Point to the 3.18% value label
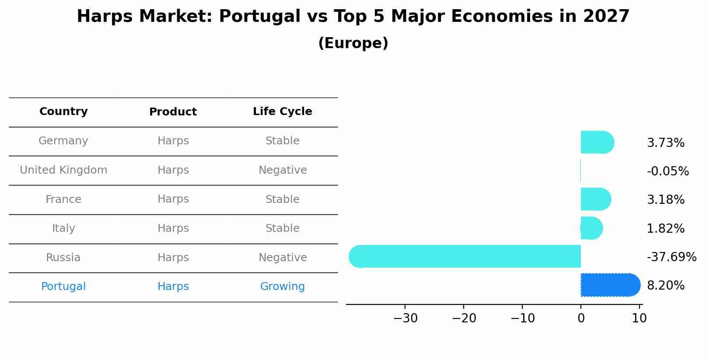(665, 200)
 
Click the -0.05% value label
(668, 171)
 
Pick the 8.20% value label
(665, 286)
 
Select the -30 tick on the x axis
(405, 318)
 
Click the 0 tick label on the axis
(581, 318)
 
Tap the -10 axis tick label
(522, 318)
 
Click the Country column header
(63, 112)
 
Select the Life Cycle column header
(282, 112)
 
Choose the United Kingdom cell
(63, 170)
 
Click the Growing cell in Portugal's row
(282, 287)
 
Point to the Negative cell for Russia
(282, 258)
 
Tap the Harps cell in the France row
(173, 199)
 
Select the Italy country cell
(63, 228)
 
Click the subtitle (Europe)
(353, 43)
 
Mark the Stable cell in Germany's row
(282, 141)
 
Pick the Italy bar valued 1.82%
(591, 228)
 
